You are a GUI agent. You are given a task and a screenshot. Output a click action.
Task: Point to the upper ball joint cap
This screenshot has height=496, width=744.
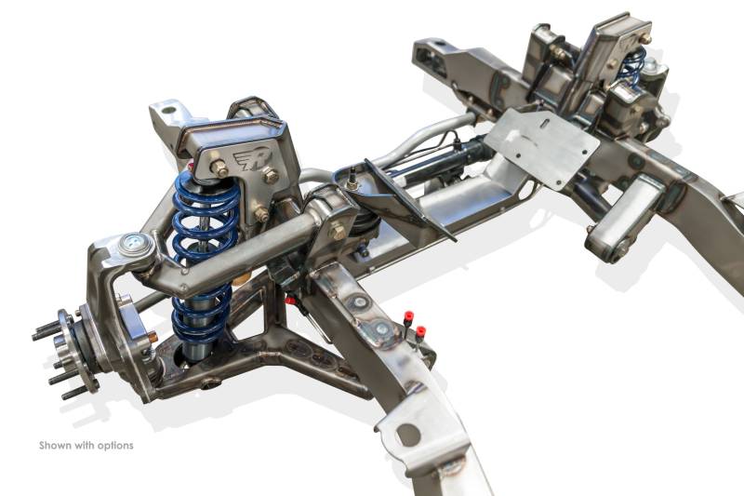(137, 244)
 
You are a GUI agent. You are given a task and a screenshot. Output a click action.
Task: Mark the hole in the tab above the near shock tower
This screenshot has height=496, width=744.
(167, 111)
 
